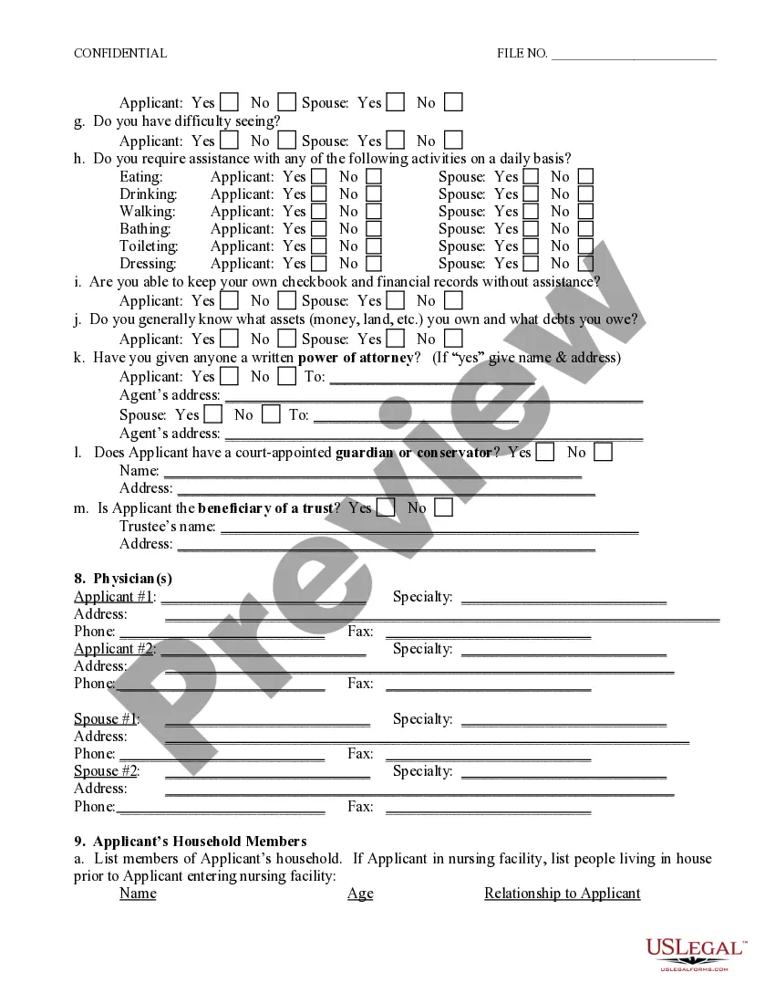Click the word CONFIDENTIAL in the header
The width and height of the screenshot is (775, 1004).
tap(119, 53)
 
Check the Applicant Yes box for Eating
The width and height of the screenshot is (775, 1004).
tap(318, 176)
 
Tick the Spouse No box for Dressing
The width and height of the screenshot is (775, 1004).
tap(585, 264)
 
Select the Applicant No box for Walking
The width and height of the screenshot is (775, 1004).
tap(374, 212)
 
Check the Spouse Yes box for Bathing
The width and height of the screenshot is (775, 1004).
tap(530, 229)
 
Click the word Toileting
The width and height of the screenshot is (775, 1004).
tap(149, 246)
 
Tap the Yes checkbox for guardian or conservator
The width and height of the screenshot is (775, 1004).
tap(545, 452)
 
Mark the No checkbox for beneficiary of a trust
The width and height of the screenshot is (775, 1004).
tap(443, 507)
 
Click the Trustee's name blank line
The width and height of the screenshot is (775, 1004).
tap(429, 528)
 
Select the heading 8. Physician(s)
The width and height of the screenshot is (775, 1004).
tap(123, 579)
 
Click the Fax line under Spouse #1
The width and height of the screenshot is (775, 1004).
tap(488, 757)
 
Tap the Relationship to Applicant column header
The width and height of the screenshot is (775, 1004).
tap(562, 894)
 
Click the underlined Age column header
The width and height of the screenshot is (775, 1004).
tap(360, 894)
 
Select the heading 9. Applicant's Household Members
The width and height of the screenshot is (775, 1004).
tap(190, 842)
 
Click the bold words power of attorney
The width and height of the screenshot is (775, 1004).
tap(356, 358)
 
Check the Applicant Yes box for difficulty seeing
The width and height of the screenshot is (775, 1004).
tap(230, 141)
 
